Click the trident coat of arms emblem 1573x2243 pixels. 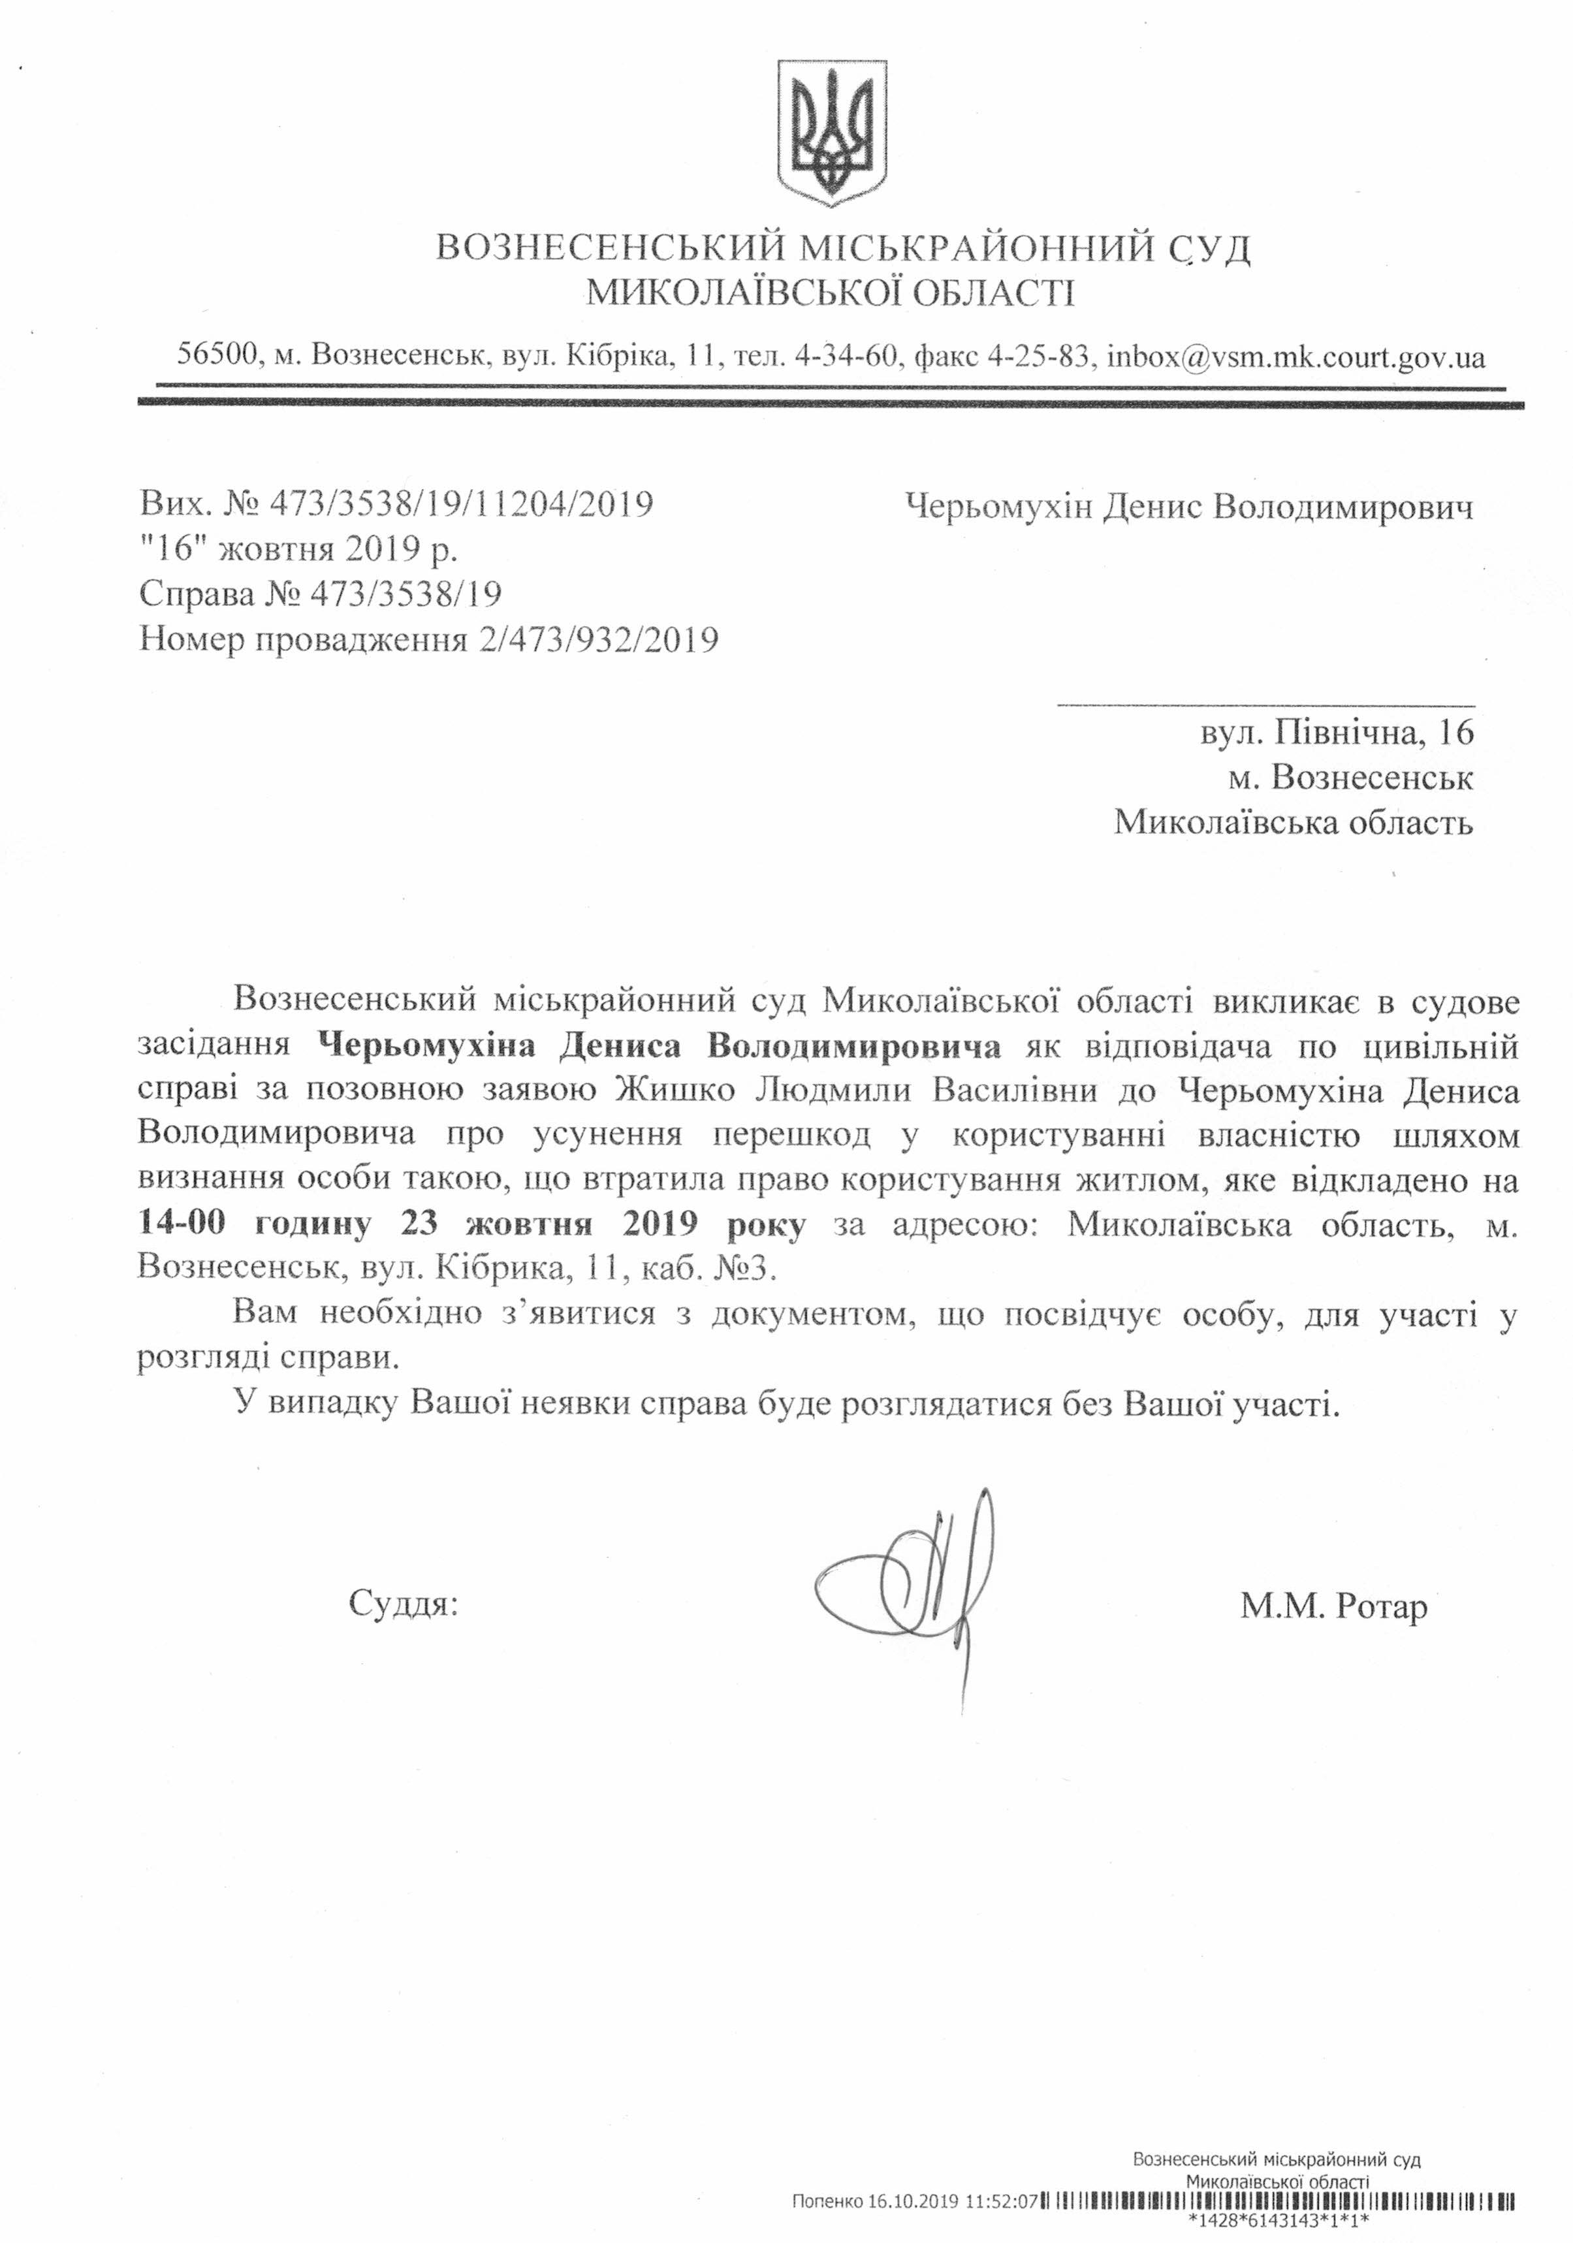click(831, 133)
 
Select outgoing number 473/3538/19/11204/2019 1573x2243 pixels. click(461, 504)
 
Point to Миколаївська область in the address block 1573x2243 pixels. click(1293, 823)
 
